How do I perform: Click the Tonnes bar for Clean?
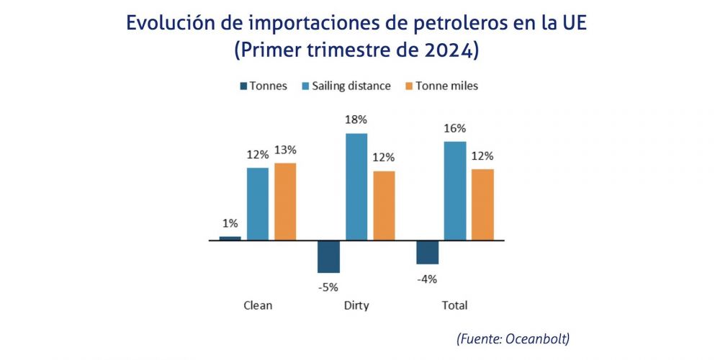pyautogui.click(x=230, y=238)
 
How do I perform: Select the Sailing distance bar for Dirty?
pyautogui.click(x=356, y=186)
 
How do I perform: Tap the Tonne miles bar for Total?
pyautogui.click(x=482, y=204)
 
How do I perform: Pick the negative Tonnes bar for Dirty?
pyautogui.click(x=328, y=256)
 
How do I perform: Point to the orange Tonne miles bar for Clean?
pyautogui.click(x=285, y=202)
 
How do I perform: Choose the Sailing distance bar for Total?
pyautogui.click(x=455, y=191)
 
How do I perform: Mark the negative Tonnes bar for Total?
pyautogui.click(x=428, y=252)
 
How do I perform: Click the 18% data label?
pyautogui.click(x=356, y=120)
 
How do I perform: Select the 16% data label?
pyautogui.click(x=455, y=128)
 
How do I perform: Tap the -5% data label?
pyautogui.click(x=328, y=287)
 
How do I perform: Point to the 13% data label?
pyautogui.click(x=285, y=150)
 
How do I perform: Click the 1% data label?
pyautogui.click(x=230, y=223)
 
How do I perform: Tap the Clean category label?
pyautogui.click(x=258, y=305)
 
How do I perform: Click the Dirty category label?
pyautogui.click(x=356, y=305)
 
